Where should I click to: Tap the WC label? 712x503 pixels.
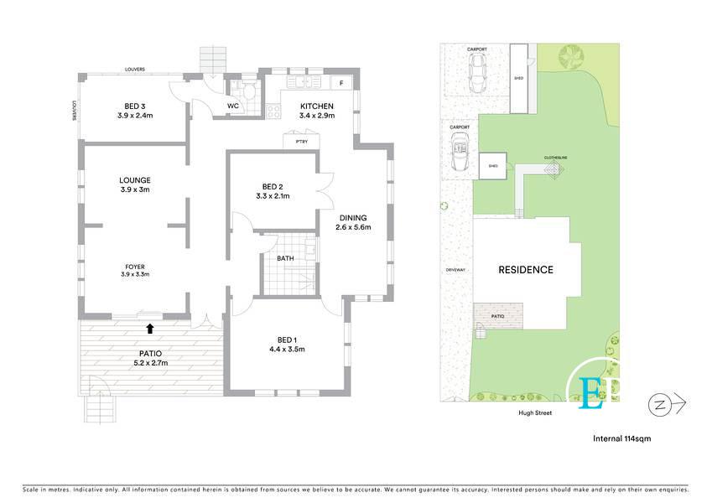pos(233,106)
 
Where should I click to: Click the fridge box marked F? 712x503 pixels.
pos(341,83)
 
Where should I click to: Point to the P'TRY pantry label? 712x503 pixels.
pos(301,142)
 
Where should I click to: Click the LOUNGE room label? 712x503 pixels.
pos(134,180)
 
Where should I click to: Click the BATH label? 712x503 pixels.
pos(285,258)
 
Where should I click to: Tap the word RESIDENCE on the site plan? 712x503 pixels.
pos(526,270)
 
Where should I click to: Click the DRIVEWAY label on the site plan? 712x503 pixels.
pos(456,270)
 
